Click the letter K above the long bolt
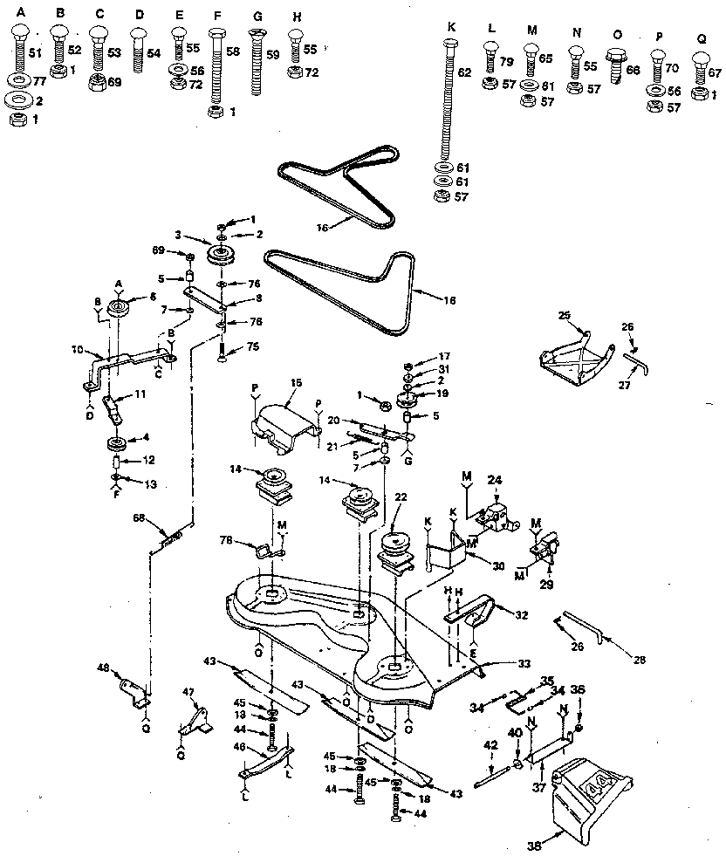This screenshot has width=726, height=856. tap(451, 27)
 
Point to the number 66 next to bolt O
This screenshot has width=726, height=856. tap(633, 69)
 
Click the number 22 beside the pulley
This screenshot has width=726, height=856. tap(401, 496)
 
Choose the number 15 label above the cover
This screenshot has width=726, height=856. tap(295, 383)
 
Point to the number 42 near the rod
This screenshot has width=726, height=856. tap(490, 744)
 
